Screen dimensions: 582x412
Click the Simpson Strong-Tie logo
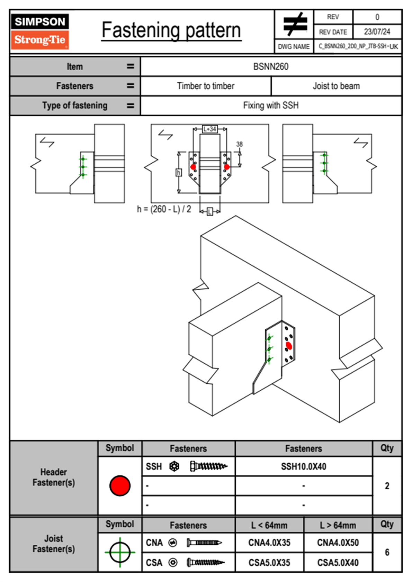39,31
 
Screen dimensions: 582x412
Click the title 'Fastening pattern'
171,30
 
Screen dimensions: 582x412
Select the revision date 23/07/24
377,32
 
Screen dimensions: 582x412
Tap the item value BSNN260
271,67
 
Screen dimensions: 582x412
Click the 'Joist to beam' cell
336,86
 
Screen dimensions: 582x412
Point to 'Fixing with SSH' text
271,106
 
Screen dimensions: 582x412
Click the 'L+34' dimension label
210,129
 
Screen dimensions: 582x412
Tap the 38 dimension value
240,144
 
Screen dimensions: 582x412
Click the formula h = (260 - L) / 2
164,209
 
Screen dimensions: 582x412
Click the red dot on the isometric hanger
289,346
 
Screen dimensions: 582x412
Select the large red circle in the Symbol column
120,486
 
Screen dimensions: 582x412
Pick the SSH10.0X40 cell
304,467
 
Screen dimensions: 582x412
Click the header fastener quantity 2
387,486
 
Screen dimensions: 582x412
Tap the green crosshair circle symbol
120,552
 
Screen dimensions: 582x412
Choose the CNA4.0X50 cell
338,543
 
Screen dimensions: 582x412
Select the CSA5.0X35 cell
269,563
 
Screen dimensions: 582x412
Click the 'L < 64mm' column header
269,525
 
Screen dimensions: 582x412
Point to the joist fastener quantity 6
387,552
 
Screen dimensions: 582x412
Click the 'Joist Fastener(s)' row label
54,544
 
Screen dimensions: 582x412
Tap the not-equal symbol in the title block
295,25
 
